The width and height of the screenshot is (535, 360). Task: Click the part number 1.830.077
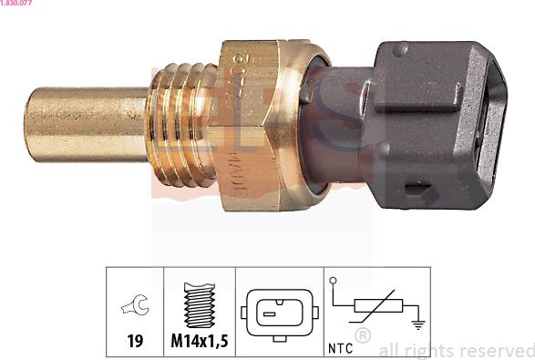click(x=17, y=5)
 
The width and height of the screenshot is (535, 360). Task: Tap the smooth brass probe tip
click(x=82, y=124)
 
